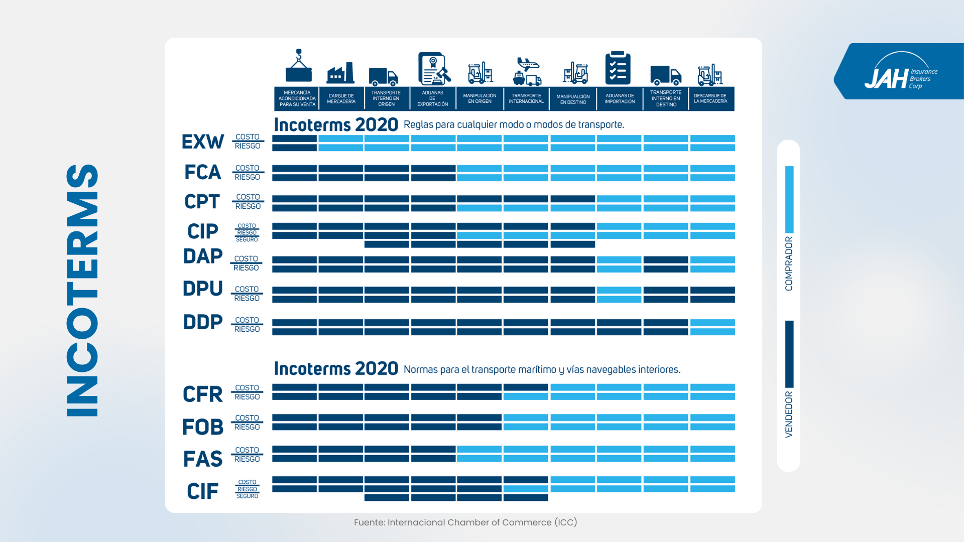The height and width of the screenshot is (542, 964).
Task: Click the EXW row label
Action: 203,142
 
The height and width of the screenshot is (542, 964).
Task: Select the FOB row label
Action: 203,427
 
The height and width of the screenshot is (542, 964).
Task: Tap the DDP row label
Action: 203,322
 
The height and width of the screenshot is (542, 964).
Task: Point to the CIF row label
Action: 203,491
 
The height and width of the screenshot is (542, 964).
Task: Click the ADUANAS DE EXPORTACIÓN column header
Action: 432,98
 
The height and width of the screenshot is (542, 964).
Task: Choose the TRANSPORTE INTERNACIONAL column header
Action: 526,98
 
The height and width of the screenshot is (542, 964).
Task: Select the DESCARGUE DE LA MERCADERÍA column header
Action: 710,98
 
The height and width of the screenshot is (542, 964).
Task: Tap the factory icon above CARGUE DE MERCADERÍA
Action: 340,73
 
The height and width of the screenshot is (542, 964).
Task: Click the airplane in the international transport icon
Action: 527,63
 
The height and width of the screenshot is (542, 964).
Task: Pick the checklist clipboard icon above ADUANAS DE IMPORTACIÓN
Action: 618,68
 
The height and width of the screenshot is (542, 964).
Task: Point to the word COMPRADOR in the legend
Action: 789,263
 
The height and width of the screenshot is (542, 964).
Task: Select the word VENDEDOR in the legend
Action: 789,415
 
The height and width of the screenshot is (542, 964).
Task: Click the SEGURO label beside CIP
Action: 247,240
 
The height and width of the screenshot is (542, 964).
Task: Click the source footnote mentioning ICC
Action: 465,522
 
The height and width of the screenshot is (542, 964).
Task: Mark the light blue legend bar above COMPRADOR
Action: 789,199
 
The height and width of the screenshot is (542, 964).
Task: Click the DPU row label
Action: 203,289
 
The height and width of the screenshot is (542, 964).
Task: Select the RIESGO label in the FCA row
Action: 248,177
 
